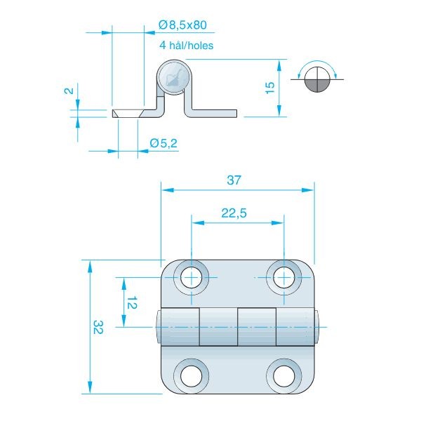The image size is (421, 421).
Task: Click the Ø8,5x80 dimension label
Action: coord(182,25)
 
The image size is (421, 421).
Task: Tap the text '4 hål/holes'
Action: coord(187,45)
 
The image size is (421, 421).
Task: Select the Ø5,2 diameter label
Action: coord(163,143)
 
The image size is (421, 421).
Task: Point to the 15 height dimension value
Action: coord(270,88)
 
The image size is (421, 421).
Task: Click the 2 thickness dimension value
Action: coord(69,91)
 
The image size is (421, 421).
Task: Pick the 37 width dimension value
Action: coord(234,180)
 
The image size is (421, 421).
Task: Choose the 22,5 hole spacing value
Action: coord(234,213)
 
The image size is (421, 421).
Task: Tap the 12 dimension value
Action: coord(132,302)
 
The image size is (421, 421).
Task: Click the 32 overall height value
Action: coord(98,327)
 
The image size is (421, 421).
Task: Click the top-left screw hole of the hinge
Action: coord(191,277)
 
